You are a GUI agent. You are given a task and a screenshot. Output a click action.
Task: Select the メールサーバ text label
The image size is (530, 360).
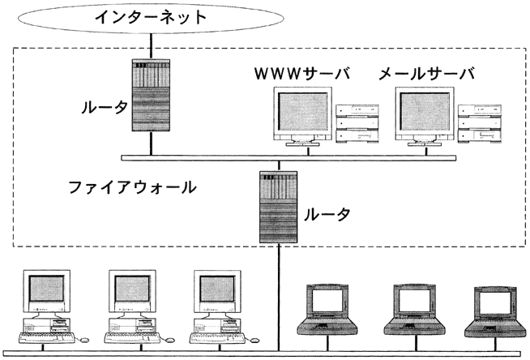[x=426, y=75]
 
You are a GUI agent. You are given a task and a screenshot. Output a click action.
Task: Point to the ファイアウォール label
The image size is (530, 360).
[x=132, y=186]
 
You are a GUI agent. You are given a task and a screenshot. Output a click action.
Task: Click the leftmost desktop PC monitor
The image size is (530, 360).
[x=46, y=292]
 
